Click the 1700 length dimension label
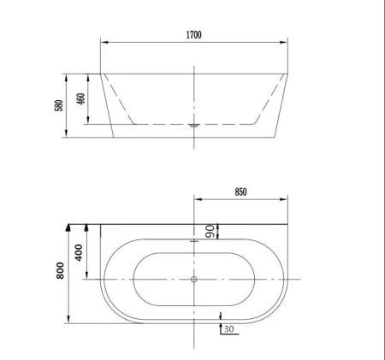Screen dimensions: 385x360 click(194, 35)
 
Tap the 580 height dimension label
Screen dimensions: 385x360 click(59, 105)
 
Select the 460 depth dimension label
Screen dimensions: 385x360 click(81, 99)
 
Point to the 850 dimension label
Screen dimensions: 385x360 click(240, 192)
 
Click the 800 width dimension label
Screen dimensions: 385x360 click(61, 270)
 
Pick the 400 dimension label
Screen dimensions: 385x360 click(79, 252)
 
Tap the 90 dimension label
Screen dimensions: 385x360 click(210, 232)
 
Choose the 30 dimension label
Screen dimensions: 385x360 click(228, 329)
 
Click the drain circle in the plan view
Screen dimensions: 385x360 click(194, 280)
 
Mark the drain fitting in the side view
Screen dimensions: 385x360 click(194, 125)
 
